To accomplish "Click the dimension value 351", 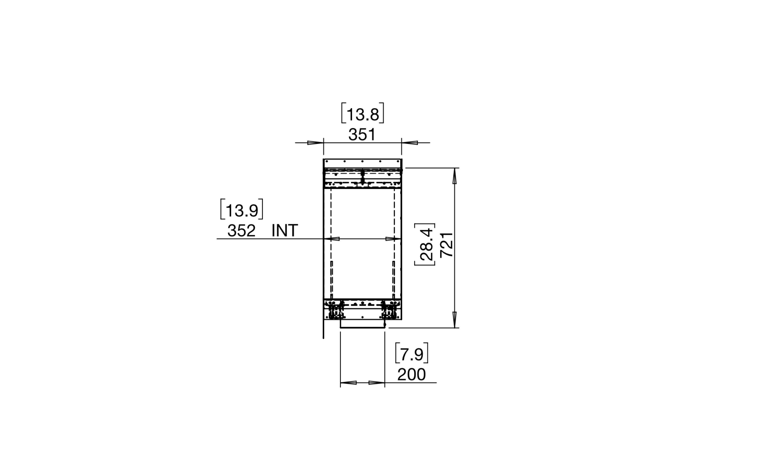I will pyautogui.click(x=362, y=135).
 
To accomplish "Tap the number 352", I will pyautogui.click(x=241, y=231).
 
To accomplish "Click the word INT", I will pyautogui.click(x=285, y=231).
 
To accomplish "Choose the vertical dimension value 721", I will pyautogui.click(x=446, y=245).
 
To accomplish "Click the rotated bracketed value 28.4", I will pyautogui.click(x=426, y=245).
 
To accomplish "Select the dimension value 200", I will pyautogui.click(x=411, y=374).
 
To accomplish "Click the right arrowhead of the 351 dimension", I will pyautogui.click(x=410, y=143).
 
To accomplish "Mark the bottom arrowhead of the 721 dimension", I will pyautogui.click(x=454, y=319).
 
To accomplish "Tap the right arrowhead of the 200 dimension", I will pyautogui.click(x=377, y=383).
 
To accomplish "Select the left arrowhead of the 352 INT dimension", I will pyautogui.click(x=332, y=239).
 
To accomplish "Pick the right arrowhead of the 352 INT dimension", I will pyautogui.click(x=393, y=239).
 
